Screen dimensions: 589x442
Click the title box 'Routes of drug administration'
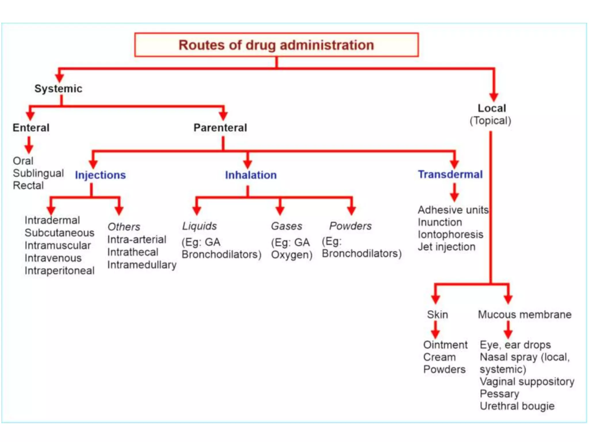[276, 45]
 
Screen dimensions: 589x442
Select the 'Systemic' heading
[58, 89]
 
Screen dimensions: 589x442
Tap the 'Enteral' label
[31, 128]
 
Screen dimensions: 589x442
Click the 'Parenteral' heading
[220, 128]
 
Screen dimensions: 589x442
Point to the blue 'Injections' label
[100, 175]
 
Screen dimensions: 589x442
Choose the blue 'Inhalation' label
[251, 175]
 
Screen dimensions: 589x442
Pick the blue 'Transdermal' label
[450, 174]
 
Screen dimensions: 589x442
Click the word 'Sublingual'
[38, 173]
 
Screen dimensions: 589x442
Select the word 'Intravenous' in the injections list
[53, 258]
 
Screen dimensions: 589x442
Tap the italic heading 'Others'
[124, 227]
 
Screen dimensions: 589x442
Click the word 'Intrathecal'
[133, 252]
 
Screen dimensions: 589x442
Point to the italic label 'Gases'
[287, 226]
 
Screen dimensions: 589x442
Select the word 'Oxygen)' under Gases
[292, 255]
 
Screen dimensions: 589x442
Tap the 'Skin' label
[437, 315]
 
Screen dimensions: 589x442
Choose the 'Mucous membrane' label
[525, 315]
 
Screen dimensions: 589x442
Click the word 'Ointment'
[445, 345]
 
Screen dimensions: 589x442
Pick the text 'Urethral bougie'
[517, 406]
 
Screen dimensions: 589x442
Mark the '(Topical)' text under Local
[490, 121]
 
